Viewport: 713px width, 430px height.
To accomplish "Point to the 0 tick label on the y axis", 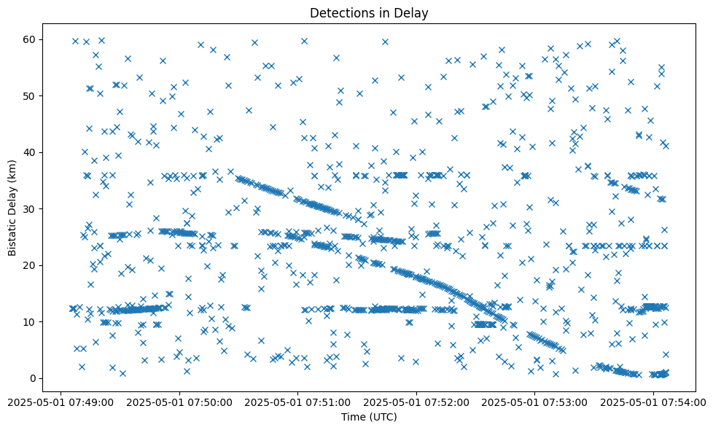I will click(33, 378).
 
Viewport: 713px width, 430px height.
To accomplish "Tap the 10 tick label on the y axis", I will click(30, 321).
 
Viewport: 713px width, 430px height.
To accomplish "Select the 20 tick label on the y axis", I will click(30, 265).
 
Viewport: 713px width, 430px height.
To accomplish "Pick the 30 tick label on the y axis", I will click(30, 208).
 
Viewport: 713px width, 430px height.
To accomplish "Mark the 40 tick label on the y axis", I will click(30, 152).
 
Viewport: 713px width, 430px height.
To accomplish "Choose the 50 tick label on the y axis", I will click(30, 95).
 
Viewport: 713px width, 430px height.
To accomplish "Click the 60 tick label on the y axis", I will click(30, 39).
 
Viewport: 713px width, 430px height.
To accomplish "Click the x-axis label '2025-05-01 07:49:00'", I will click(61, 401).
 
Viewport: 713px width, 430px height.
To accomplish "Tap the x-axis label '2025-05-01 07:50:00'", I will click(179, 401).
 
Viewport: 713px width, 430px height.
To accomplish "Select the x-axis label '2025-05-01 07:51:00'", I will click(297, 401).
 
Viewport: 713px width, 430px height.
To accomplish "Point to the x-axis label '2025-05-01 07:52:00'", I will click(416, 401).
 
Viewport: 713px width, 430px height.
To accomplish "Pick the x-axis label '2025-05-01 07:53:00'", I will click(534, 401).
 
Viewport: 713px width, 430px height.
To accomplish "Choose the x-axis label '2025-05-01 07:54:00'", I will click(653, 401).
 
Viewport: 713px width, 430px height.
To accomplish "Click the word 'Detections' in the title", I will click(338, 12).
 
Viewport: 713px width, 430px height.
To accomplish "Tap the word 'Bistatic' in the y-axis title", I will click(12, 235).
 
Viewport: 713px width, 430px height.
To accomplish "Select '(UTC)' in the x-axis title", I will click(383, 417).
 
